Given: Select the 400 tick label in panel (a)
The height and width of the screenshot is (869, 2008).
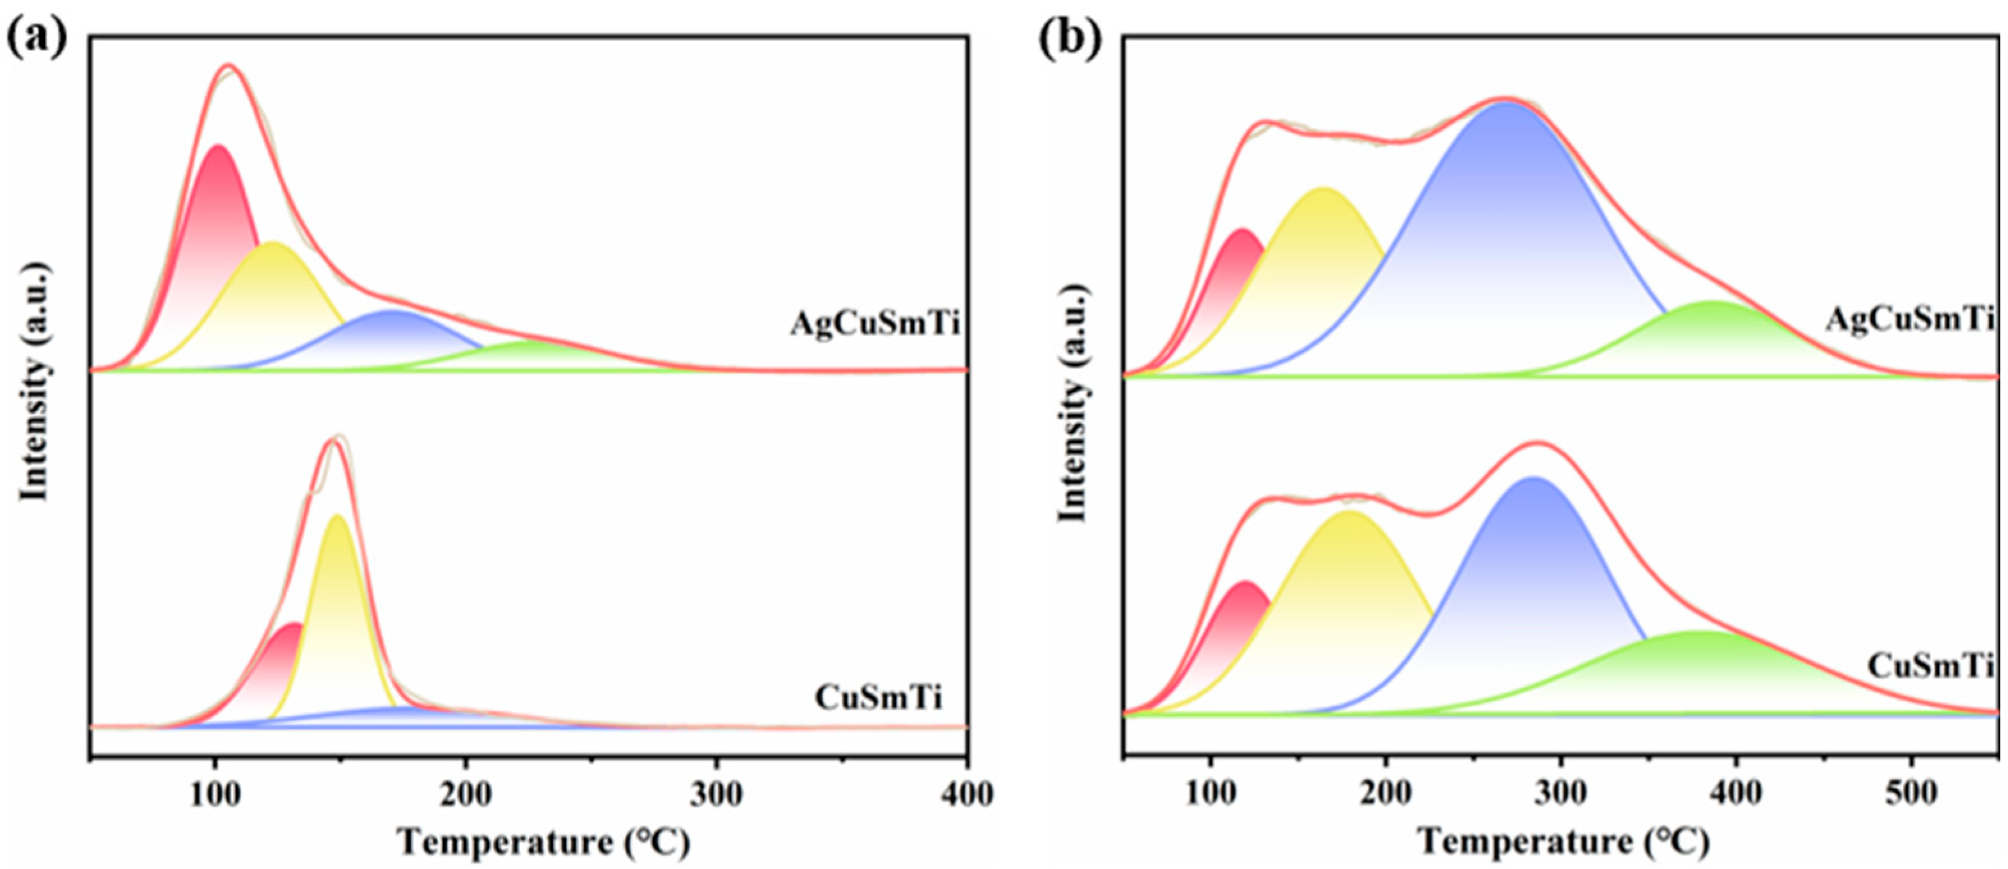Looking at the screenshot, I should tap(966, 795).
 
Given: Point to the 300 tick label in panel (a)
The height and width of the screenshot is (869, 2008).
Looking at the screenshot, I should tap(716, 795).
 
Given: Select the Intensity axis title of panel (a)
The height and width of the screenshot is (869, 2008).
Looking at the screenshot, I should tap(35, 381).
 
